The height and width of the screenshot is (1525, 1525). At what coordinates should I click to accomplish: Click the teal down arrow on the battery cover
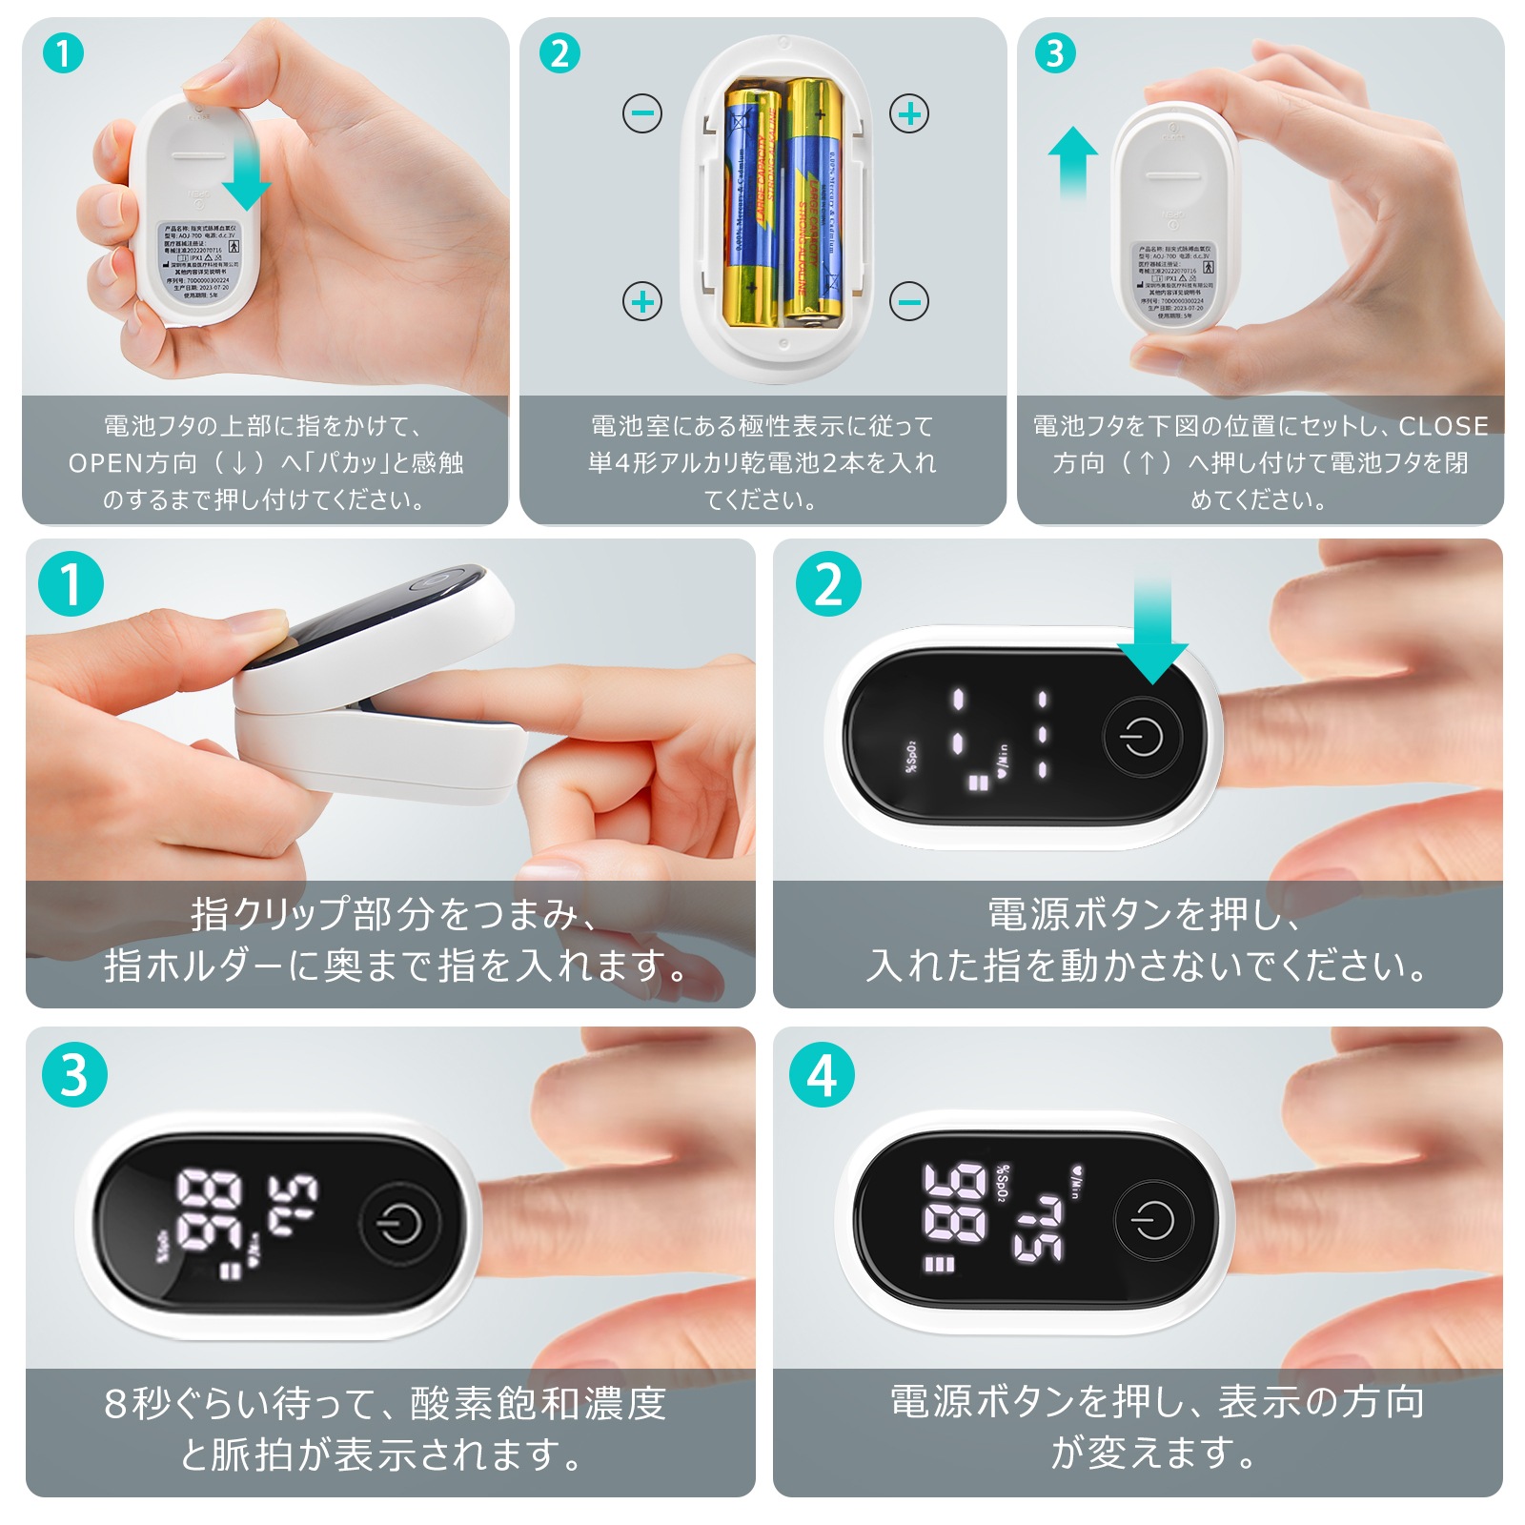click(246, 172)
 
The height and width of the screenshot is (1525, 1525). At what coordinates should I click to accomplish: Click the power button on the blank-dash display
click(1143, 737)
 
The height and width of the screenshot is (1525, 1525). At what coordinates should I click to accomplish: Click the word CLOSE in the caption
click(1443, 426)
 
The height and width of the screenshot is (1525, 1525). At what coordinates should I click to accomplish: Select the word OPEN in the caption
click(106, 463)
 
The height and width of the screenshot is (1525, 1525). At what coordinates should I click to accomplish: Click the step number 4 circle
click(822, 1075)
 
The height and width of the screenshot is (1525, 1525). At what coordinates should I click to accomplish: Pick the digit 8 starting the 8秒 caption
click(115, 1404)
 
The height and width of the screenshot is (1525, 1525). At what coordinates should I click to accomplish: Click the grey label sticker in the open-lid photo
click(198, 261)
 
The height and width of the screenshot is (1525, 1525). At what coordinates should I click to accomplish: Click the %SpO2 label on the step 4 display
click(1002, 1183)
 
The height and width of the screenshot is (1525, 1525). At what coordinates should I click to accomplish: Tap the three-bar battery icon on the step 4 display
click(939, 1265)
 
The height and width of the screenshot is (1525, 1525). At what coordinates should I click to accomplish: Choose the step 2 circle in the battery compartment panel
click(559, 53)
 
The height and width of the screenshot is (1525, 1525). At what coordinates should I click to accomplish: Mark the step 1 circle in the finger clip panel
click(71, 583)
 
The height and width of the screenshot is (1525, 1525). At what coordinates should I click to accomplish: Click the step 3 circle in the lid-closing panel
click(1055, 53)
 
